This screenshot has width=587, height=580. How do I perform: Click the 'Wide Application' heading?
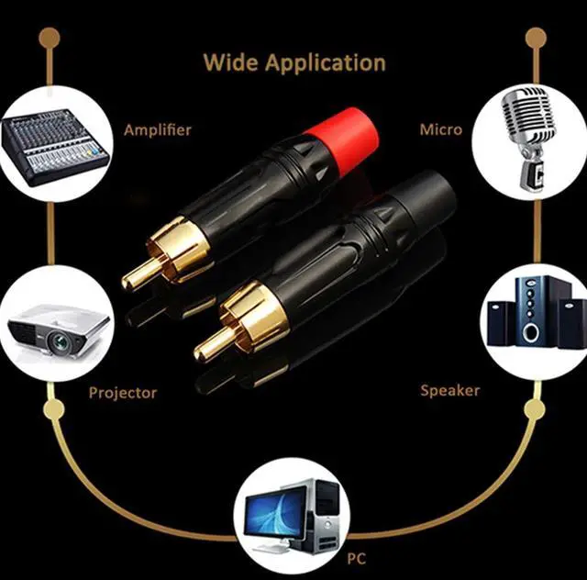point(293,62)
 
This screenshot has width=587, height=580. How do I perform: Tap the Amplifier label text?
point(157,129)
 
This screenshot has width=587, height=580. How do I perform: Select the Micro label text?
point(441,129)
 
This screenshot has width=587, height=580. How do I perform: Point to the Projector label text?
point(123,393)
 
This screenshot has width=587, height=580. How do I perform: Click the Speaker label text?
point(450,390)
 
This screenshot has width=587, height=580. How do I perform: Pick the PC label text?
point(355,557)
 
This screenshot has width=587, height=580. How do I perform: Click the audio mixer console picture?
point(52,146)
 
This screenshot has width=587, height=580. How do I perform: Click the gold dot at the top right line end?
point(536,38)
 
